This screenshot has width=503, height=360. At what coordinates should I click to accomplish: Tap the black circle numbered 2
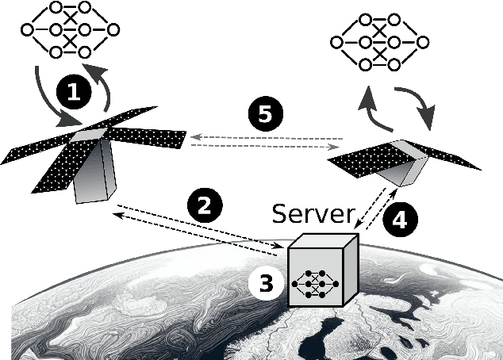(x=204, y=205)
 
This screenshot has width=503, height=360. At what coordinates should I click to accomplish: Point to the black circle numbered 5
(x=266, y=114)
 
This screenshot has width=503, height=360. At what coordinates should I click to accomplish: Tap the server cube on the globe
(x=316, y=273)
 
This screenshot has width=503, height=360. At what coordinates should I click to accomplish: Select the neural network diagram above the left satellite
(x=70, y=30)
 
